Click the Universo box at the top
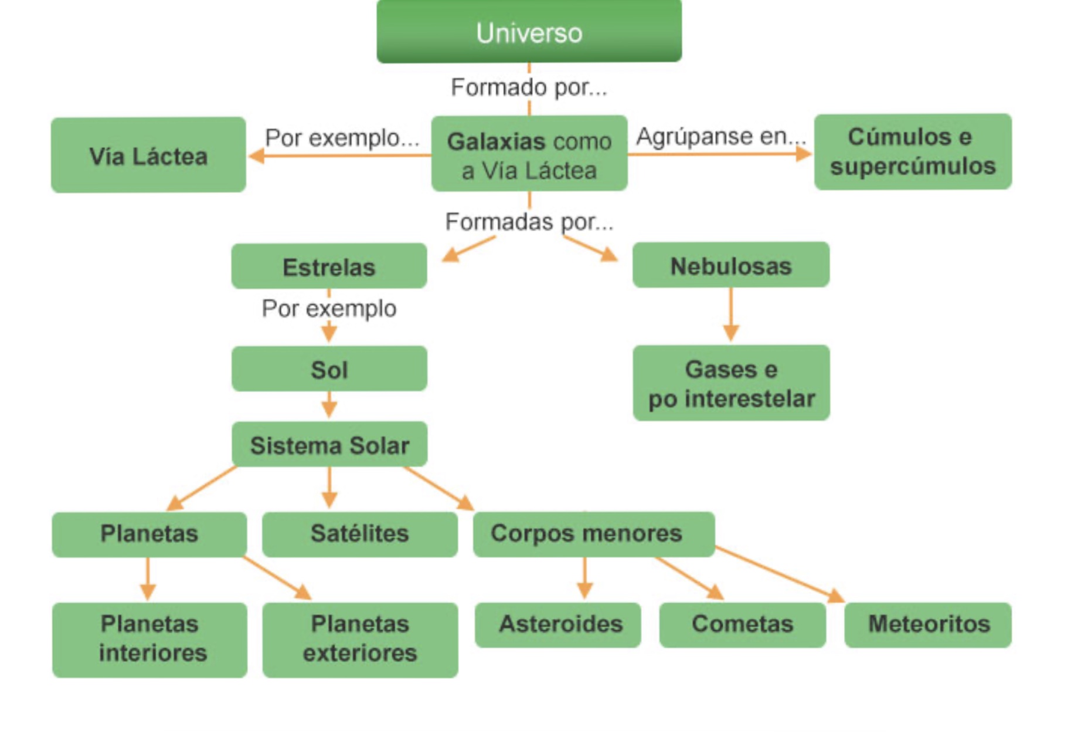pyautogui.click(x=529, y=32)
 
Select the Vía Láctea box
pyautogui.click(x=148, y=155)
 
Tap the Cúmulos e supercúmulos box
pyautogui.click(x=912, y=152)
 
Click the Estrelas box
pyautogui.click(x=329, y=266)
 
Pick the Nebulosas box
pyautogui.click(x=730, y=265)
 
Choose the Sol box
pyautogui.click(x=329, y=369)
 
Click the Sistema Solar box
pyautogui.click(x=329, y=445)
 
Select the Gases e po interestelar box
pyautogui.click(x=731, y=383)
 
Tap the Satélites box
pyautogui.click(x=359, y=534)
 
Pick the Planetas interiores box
pyautogui.click(x=149, y=639)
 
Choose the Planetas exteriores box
pyautogui.click(x=360, y=639)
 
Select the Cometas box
pyautogui.click(x=742, y=624)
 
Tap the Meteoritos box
pyautogui.click(x=928, y=624)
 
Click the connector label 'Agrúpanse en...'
pyautogui.click(x=721, y=136)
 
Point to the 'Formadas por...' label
pyautogui.click(x=529, y=222)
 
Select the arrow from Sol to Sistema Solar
pyautogui.click(x=329, y=405)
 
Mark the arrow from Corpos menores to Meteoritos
pyautogui.click(x=780, y=574)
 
